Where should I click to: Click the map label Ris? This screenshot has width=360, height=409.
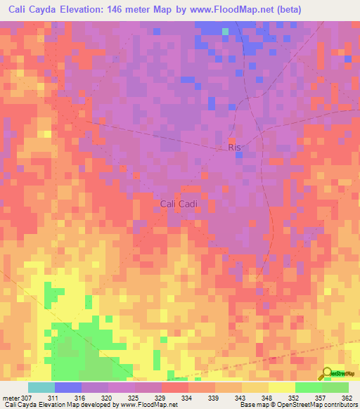(234, 148)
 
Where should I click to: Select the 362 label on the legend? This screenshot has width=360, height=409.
(347, 398)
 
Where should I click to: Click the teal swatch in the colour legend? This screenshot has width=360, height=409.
(41, 387)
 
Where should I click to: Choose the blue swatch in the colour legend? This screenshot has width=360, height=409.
(68, 387)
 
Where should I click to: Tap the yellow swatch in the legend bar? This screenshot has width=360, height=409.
(281, 387)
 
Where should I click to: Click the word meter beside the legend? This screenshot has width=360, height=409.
(11, 398)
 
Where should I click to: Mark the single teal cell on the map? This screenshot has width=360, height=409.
(226, 32)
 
